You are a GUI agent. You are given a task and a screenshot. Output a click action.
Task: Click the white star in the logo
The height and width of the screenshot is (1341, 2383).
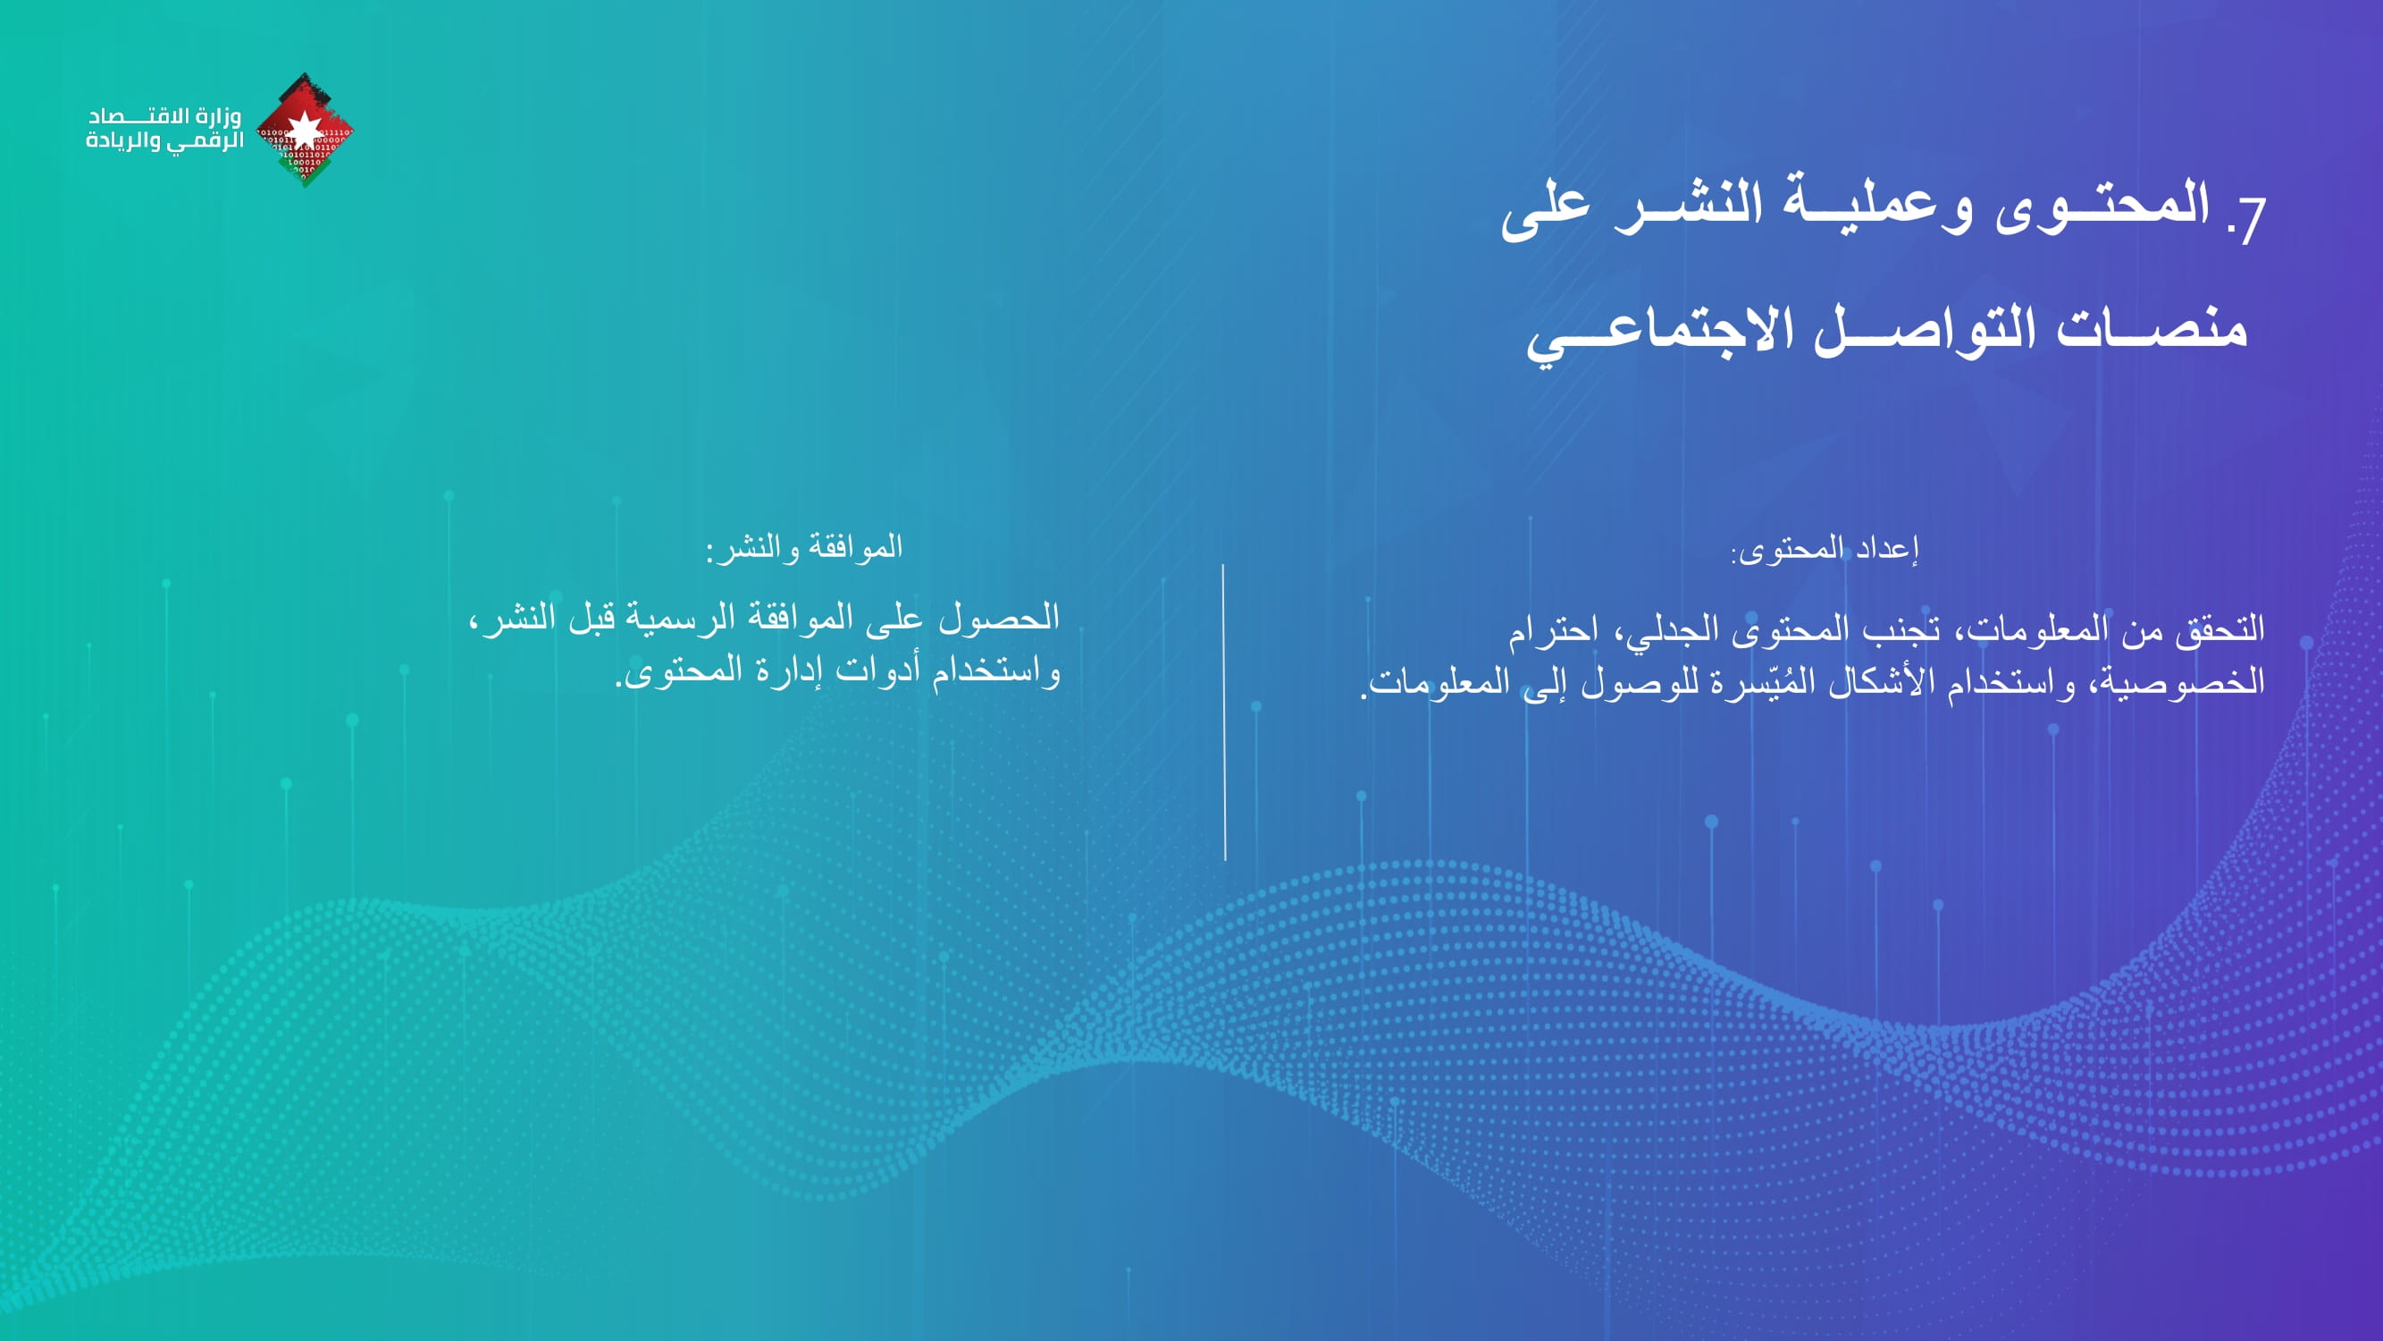[305, 129]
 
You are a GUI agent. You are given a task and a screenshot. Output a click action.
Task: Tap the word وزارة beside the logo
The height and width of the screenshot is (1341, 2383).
[219, 116]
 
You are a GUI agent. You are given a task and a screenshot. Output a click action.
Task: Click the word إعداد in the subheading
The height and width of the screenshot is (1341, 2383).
[1887, 550]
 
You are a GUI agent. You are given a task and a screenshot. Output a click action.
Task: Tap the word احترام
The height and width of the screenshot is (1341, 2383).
[1553, 630]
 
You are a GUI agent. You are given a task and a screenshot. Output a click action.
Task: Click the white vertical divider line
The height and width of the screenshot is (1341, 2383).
[1224, 713]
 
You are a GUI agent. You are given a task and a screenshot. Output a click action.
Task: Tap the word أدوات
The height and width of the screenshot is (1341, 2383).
[879, 670]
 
